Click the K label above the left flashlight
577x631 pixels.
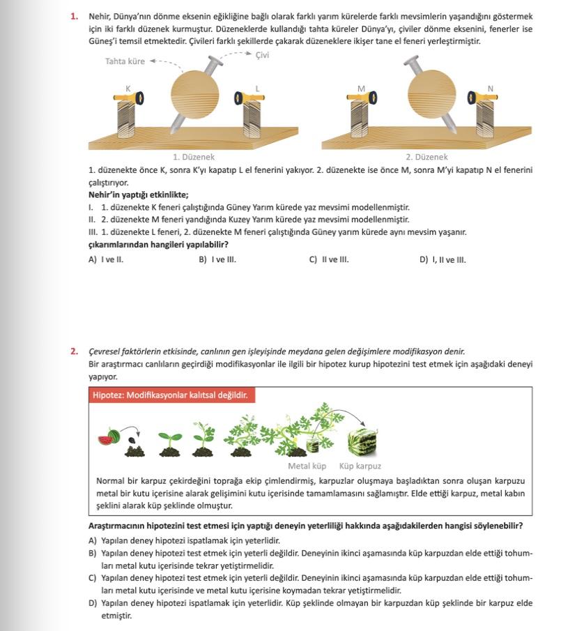coord(128,89)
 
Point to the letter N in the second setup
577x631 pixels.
coord(490,89)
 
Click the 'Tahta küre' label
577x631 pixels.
coord(125,61)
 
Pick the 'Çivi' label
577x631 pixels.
coord(262,55)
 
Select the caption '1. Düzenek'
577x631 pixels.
coord(193,158)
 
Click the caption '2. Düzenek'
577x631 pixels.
coord(426,158)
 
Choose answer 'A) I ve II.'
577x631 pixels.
coord(106,260)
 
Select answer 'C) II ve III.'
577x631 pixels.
coord(329,260)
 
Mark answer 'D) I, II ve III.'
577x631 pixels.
coord(443,260)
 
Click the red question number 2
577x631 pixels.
coord(74,351)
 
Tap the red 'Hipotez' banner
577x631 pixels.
coord(170,395)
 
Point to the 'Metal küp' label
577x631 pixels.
coord(307,466)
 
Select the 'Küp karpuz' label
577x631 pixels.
coord(360,466)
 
